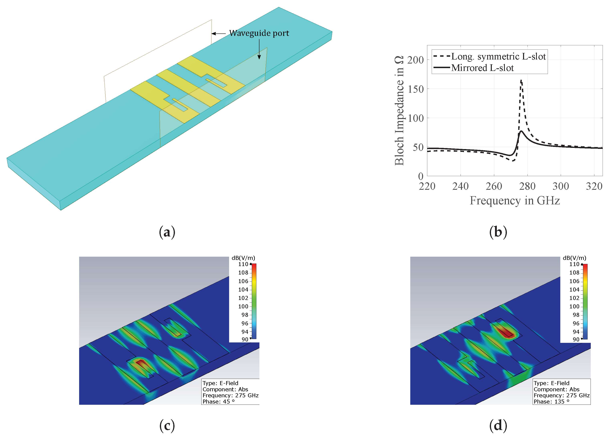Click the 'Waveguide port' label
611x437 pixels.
259,33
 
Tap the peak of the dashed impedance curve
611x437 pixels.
521,81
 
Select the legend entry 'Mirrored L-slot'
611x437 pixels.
482,68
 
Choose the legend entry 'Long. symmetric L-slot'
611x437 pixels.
498,57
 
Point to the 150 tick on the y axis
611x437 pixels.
416,89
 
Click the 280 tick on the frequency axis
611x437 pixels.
527,186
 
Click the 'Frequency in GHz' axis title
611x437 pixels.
515,201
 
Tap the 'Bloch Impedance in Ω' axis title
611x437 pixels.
399,111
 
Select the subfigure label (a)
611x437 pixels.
167,232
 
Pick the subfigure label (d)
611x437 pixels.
498,425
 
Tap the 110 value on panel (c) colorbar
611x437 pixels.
243,264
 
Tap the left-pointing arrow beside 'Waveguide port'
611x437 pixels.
218,34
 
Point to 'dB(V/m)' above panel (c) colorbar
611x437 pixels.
243,258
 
